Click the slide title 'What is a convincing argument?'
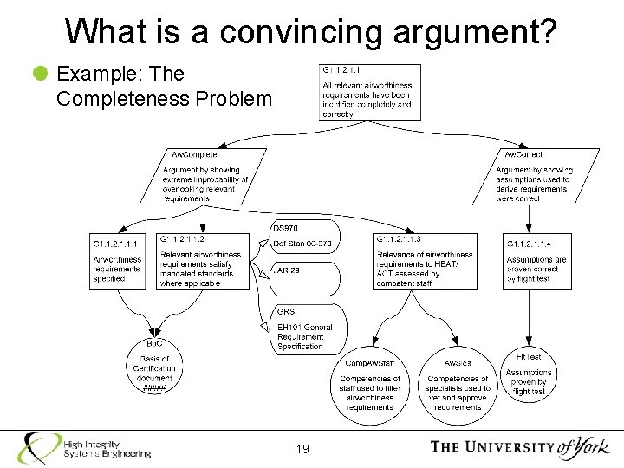pyautogui.click(x=311, y=31)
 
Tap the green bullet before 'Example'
pyautogui.click(x=40, y=75)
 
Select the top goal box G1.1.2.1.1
pyautogui.click(x=370, y=92)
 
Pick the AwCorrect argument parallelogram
pyautogui.click(x=535, y=176)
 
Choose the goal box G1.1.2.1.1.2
pyautogui.click(x=203, y=262)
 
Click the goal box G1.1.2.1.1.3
pyautogui.click(x=425, y=262)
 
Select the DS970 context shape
pyautogui.click(x=305, y=237)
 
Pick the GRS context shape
pyautogui.click(x=309, y=328)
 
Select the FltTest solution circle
pyautogui.click(x=529, y=374)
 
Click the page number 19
pyautogui.click(x=302, y=449)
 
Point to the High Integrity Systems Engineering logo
pyautogui.click(x=86, y=447)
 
